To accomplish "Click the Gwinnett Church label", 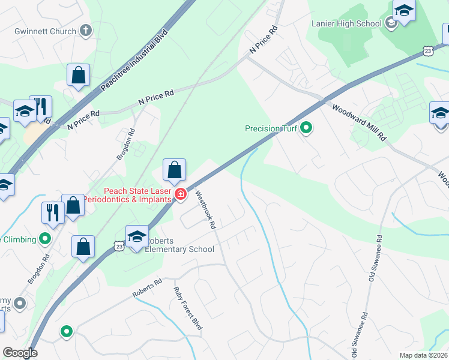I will [x=46, y=31].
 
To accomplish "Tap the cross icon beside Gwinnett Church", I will [x=85, y=31].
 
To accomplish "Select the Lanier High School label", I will [x=346, y=24].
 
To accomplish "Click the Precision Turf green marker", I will [x=306, y=128].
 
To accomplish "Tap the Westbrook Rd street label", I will [x=205, y=210].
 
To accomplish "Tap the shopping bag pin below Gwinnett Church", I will [x=78, y=75].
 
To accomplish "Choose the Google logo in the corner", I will [x=20, y=353].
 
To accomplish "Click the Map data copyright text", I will [x=423, y=355].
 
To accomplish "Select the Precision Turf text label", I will [x=271, y=128].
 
